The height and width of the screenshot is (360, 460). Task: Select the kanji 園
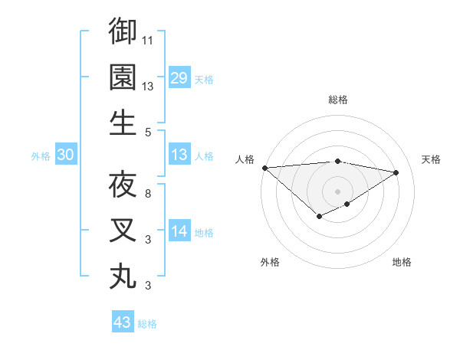tap(123, 77)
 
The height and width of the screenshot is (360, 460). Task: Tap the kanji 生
tap(123, 123)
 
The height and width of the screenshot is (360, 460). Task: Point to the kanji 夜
tap(123, 184)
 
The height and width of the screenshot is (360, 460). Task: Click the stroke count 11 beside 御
tap(149, 40)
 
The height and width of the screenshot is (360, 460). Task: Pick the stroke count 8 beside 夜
tap(148, 194)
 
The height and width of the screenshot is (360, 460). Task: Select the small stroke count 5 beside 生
tap(148, 133)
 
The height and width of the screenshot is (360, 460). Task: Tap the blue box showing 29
tap(179, 78)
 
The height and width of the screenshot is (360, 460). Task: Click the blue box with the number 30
tap(65, 155)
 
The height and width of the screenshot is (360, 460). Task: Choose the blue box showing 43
tap(122, 322)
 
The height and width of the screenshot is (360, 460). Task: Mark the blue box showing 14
tap(179, 232)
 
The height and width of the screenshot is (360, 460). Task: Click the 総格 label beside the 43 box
tap(147, 324)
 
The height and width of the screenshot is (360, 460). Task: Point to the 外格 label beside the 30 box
tap(41, 156)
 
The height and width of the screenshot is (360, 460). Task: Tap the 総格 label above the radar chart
tap(337, 100)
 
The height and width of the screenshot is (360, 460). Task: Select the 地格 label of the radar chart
tap(402, 262)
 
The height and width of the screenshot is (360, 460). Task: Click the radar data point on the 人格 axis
tap(264, 168)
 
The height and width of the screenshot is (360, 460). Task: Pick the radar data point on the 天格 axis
tap(396, 173)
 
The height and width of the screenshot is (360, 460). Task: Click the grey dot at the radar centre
tap(337, 191)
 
